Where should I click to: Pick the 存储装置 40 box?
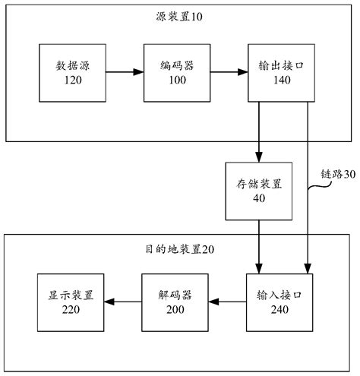coord(259,191)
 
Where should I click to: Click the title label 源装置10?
coord(181,16)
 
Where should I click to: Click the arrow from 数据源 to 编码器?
coord(124,73)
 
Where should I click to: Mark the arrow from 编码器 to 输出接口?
coord(229,73)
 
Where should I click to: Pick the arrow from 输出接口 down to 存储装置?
coord(259,132)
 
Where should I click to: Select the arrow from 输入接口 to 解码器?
coord(229,302)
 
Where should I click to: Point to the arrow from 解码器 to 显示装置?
coord(124,302)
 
